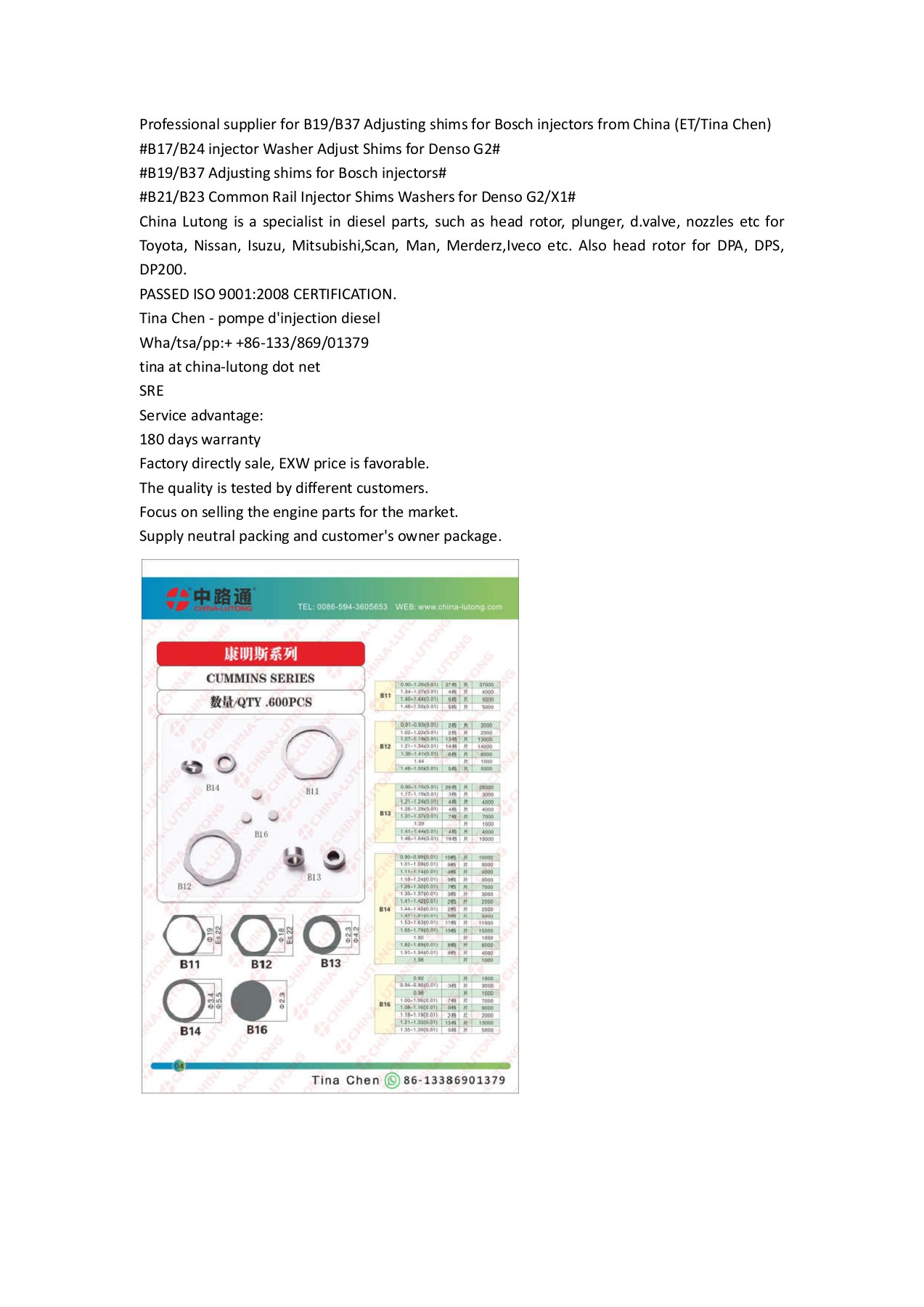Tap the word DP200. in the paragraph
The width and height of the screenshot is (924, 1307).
tap(163, 269)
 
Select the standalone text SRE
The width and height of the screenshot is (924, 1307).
tap(152, 391)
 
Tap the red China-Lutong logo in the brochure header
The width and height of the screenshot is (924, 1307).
tap(178, 599)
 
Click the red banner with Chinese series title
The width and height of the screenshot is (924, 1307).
tap(261, 653)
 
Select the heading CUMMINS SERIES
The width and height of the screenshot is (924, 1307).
tap(261, 678)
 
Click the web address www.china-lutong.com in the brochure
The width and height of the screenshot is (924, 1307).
tap(459, 607)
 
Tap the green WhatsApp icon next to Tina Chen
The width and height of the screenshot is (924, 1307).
tap(392, 1080)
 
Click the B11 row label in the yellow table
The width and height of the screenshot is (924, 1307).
tap(385, 696)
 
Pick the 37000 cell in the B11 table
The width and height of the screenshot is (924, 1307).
tap(486, 685)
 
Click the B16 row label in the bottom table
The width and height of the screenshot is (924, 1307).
tap(385, 1004)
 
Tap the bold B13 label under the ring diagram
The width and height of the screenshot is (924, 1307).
tap(330, 963)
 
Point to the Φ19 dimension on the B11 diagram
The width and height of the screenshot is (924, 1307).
tap(210, 935)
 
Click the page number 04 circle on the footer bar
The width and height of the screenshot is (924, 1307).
tap(179, 1066)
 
